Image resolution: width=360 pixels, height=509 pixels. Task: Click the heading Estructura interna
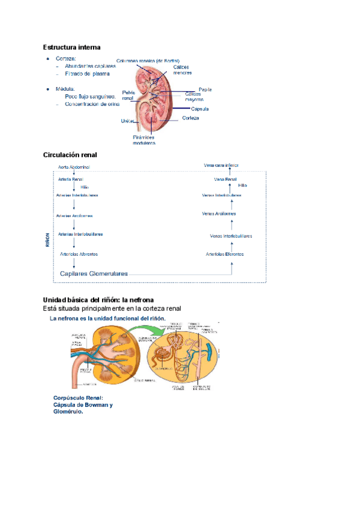point(71,47)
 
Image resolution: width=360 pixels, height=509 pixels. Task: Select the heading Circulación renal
point(70,155)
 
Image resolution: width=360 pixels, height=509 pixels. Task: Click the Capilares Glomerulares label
point(94,274)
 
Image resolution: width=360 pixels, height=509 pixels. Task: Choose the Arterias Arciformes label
point(74,215)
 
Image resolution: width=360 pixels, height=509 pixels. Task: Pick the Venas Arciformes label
point(219,213)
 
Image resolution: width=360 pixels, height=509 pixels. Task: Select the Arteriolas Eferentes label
point(224,254)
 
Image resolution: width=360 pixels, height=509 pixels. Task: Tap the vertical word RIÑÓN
point(47,241)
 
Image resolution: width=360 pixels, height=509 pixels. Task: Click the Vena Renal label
point(225,179)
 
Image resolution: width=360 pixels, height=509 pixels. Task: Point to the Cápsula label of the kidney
point(200,109)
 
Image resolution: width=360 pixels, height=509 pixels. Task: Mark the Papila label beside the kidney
point(205,89)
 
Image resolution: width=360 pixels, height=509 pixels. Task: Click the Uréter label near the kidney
point(127,121)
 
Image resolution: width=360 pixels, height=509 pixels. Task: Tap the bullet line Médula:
point(65,88)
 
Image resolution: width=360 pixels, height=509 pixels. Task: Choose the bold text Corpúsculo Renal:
point(78,398)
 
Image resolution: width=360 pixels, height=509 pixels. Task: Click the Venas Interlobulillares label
point(231,236)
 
